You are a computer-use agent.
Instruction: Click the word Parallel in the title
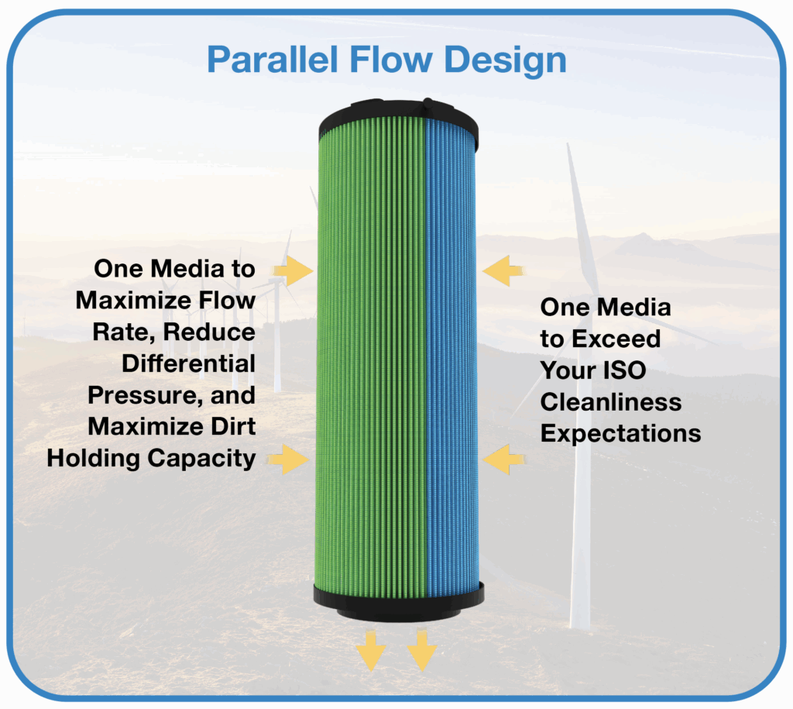[x=272, y=60]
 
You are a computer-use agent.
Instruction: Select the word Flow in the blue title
[x=390, y=60]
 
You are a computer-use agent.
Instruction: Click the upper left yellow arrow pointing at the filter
[x=294, y=270]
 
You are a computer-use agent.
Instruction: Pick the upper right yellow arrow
[x=503, y=270]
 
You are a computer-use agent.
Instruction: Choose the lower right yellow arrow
[x=503, y=459]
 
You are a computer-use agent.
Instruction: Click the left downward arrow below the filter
[x=371, y=651]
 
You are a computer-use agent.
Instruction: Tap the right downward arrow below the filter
[x=422, y=651]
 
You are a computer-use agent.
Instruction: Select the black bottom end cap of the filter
[x=399, y=602]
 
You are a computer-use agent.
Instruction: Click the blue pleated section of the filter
[x=451, y=354]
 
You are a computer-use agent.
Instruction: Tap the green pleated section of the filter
[x=371, y=354]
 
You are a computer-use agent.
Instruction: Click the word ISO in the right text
[x=625, y=370]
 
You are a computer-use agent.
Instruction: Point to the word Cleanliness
[x=611, y=402]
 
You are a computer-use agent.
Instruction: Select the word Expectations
[x=620, y=434]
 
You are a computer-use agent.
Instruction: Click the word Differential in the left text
[x=189, y=363]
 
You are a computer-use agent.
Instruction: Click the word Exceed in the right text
[x=616, y=339]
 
